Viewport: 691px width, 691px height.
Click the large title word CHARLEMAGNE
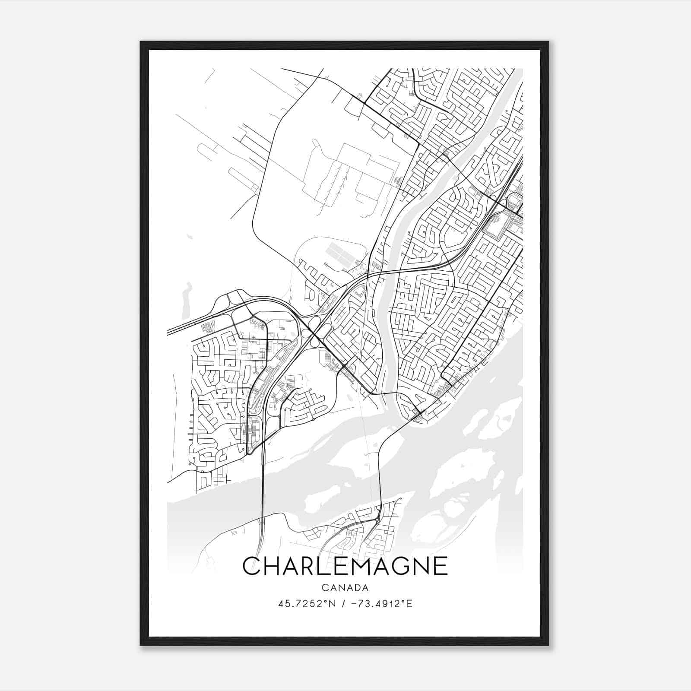point(345,566)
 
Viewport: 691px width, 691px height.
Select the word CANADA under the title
point(345,588)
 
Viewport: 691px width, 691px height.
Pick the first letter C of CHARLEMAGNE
point(251,566)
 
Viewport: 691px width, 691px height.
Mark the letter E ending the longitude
point(409,603)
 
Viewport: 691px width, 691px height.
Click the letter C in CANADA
point(324,588)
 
